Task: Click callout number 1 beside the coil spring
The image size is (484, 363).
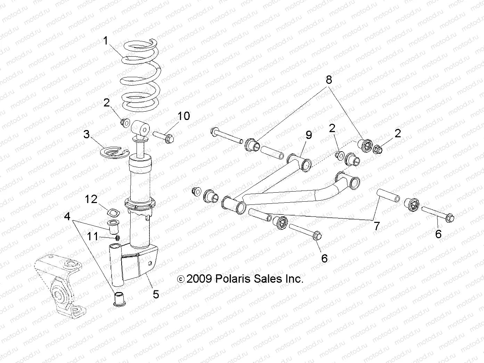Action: (106, 41)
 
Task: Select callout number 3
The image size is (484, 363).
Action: (87, 134)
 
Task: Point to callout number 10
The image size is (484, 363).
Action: (184, 116)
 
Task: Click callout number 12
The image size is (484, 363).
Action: (91, 199)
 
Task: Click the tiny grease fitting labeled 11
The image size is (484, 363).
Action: (117, 238)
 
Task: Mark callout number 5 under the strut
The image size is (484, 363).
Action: (156, 294)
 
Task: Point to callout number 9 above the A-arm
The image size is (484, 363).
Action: (309, 135)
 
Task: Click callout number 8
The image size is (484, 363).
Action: (328, 80)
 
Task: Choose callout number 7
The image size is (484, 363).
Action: (376, 226)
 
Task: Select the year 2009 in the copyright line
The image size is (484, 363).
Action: (199, 279)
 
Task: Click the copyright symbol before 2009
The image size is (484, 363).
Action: (181, 279)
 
